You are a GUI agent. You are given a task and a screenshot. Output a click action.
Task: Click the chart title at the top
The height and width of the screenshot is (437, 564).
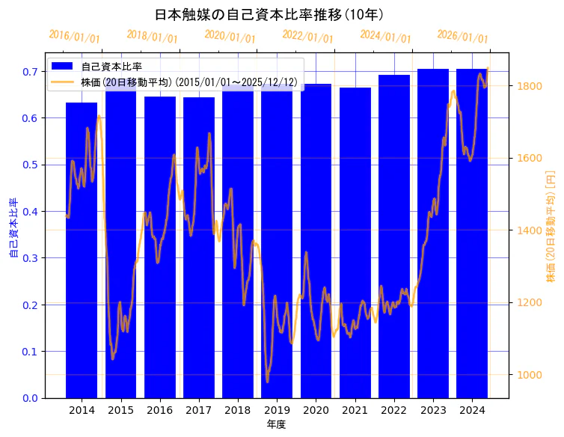point(269,14)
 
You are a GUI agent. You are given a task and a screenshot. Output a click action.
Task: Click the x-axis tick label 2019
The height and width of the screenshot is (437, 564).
point(277,410)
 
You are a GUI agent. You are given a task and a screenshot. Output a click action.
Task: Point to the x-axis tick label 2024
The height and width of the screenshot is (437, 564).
point(472,410)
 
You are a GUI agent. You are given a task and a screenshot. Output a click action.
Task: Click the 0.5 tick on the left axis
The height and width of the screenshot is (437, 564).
point(29,165)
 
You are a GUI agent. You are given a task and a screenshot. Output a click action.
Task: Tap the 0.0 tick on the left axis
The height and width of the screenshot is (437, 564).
point(29,398)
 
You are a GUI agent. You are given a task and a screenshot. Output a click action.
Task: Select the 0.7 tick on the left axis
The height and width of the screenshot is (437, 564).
point(29,72)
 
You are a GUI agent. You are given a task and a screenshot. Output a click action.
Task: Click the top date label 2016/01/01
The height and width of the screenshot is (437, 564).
point(74,37)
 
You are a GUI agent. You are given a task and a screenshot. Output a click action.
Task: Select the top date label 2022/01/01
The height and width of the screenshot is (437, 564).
point(307,37)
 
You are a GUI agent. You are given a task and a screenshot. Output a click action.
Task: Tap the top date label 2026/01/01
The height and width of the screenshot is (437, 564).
point(462,37)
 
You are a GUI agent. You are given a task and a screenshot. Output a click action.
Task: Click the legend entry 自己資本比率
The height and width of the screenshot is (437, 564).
point(111,67)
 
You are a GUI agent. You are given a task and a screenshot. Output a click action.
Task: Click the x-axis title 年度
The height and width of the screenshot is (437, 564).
point(276,424)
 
